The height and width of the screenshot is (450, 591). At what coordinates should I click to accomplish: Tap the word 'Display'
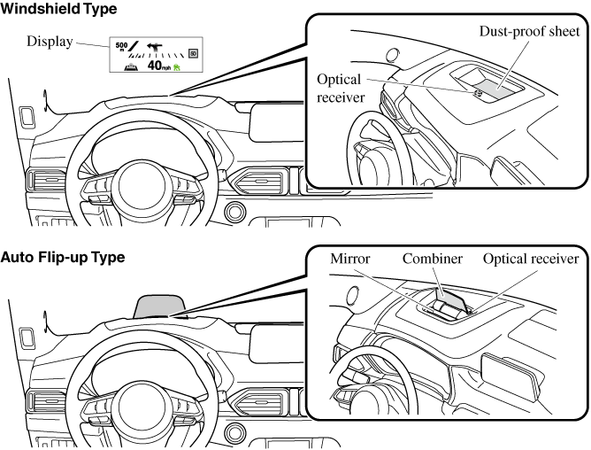tap(50, 42)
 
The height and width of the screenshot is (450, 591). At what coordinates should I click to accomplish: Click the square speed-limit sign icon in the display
tap(193, 53)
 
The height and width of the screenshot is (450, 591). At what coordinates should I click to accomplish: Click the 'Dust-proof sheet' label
tap(529, 32)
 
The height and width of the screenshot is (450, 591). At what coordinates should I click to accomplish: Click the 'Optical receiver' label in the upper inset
tap(341, 87)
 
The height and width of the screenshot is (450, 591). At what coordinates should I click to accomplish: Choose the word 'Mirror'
tap(349, 259)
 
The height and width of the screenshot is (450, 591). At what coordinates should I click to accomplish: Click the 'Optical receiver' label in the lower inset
tap(531, 259)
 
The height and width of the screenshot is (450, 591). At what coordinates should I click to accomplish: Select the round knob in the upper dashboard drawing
tap(236, 213)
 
